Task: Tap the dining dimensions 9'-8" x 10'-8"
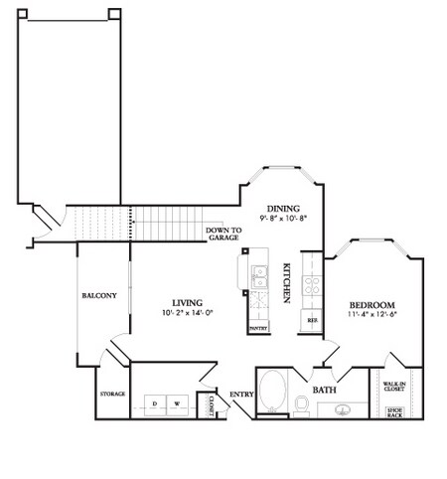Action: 283,217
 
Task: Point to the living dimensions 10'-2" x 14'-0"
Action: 188,312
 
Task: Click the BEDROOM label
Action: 372,304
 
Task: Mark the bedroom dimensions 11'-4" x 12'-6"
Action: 372,315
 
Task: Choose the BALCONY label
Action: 100,295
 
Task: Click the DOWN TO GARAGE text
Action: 222,235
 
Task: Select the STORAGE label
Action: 112,395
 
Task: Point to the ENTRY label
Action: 241,395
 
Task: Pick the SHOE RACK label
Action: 394,410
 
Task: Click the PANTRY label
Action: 258,326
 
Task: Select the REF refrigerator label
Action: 312,320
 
